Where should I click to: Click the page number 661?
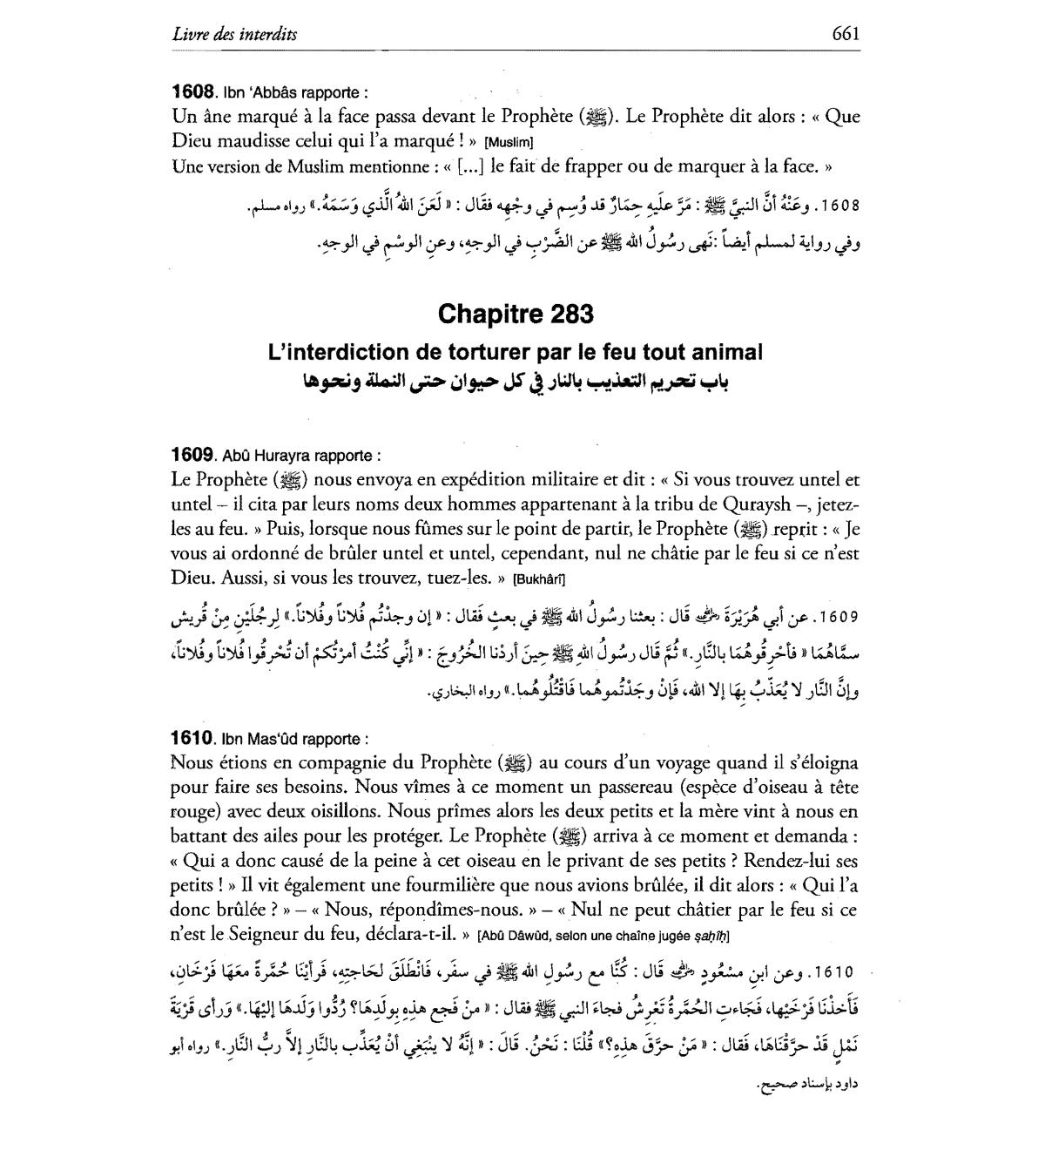[846, 34]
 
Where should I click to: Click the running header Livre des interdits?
[234, 34]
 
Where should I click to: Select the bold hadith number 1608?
[193, 91]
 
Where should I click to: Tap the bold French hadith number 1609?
[193, 455]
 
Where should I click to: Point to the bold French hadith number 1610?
[193, 739]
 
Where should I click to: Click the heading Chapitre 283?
[516, 314]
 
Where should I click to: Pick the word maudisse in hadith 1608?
[254, 141]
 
